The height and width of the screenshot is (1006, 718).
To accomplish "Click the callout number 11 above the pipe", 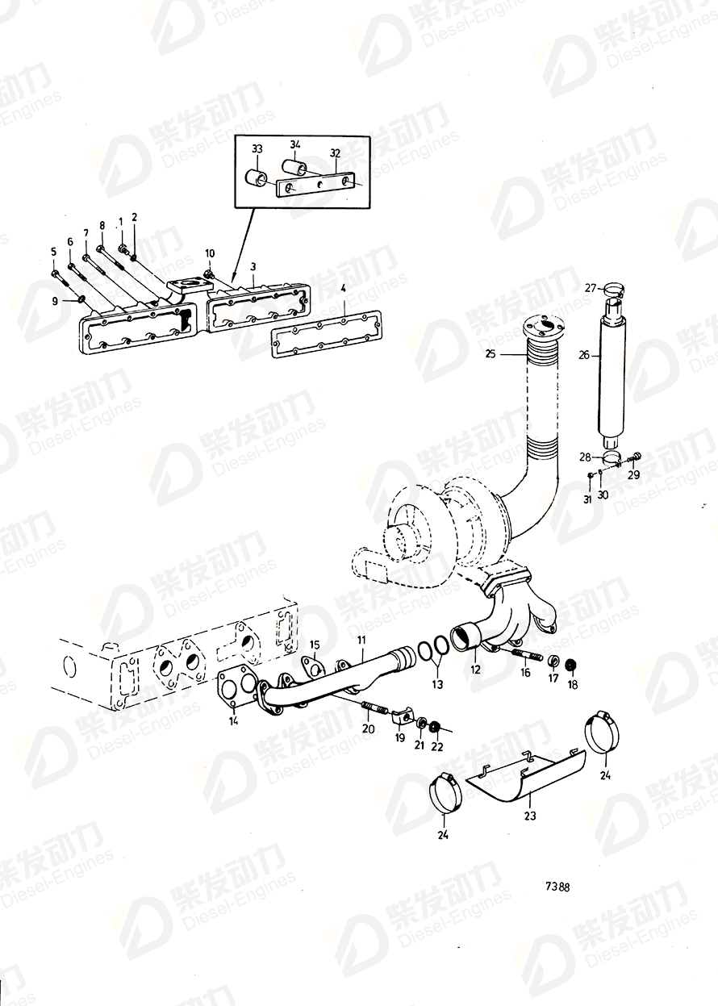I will (362, 640).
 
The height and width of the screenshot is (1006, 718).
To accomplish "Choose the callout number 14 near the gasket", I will (233, 721).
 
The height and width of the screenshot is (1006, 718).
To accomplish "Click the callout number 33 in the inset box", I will (257, 149).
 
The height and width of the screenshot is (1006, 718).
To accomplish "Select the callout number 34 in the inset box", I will (295, 145).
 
